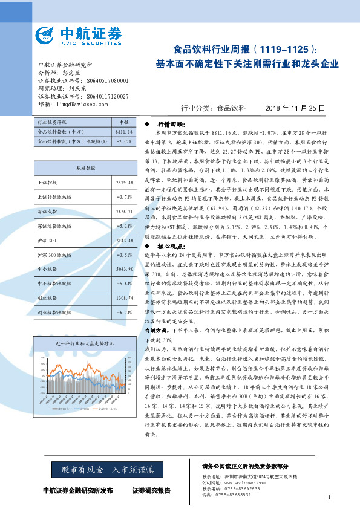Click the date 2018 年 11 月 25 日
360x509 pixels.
[x=295, y=108]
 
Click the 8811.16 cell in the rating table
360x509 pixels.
[x=123, y=131]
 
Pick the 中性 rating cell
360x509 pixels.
[x=123, y=122]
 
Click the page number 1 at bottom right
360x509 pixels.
[x=329, y=497]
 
